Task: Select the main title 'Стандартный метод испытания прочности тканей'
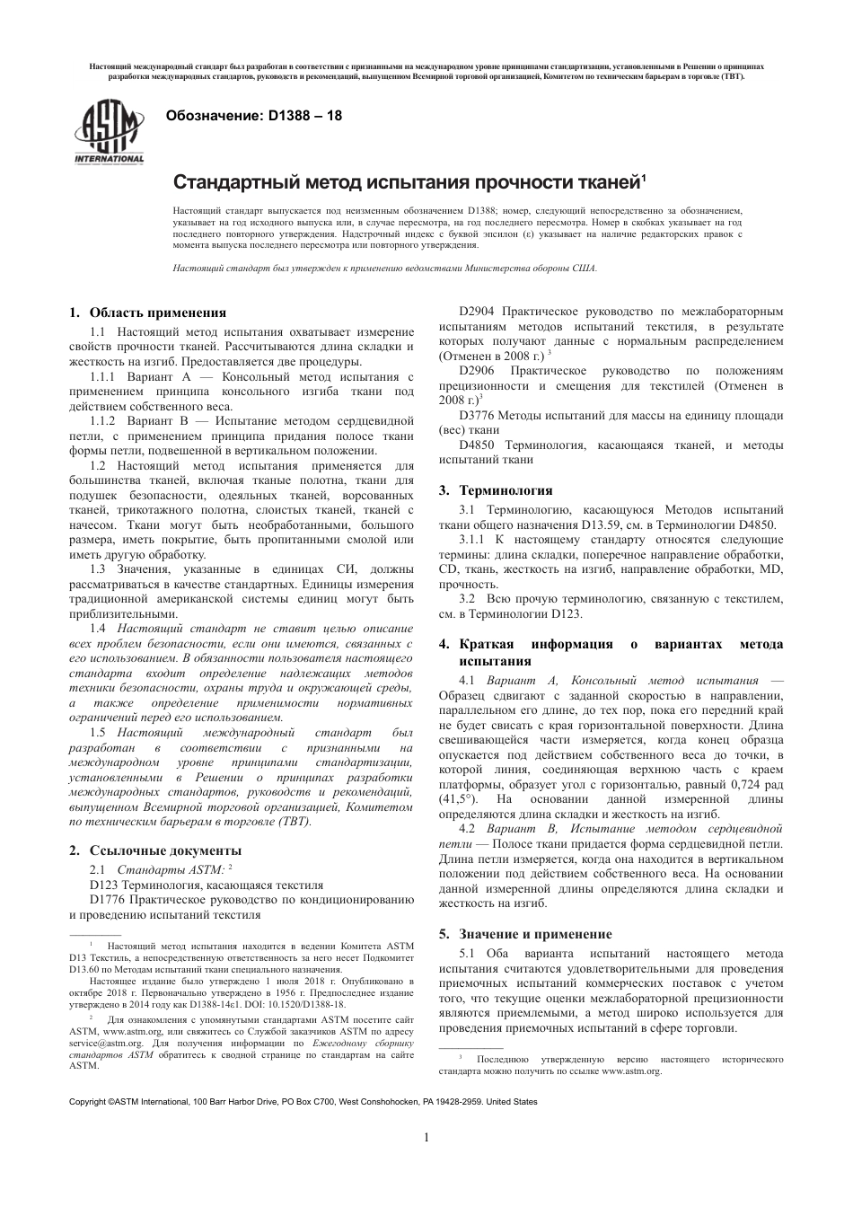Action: (409, 183)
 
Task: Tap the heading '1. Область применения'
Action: (148, 313)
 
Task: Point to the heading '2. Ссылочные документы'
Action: (155, 850)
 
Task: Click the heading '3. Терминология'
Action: (496, 490)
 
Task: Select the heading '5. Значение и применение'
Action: (525, 934)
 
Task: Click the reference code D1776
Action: (110, 899)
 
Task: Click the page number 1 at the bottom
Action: (426, 1138)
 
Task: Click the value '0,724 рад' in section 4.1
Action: (754, 783)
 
